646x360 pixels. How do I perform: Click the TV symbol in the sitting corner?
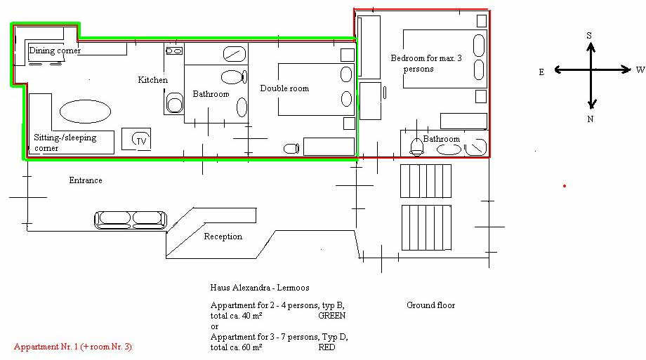140,140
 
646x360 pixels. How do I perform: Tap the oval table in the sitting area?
85,111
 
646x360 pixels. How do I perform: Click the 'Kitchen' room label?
153,80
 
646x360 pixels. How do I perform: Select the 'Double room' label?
284,88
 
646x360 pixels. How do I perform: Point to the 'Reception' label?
223,236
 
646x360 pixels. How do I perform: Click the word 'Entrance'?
86,180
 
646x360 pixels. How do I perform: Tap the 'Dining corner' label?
55,51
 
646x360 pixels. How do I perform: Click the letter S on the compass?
589,35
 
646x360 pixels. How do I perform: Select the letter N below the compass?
591,119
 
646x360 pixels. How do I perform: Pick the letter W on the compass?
640,69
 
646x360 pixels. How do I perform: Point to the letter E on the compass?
542,72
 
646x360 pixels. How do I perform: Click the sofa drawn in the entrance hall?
131,220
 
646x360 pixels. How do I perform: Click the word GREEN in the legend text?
331,316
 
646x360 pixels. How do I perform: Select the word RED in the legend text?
327,347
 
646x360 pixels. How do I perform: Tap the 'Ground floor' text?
431,305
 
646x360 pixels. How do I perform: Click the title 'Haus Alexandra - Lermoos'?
260,288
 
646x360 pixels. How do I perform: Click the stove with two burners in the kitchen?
174,51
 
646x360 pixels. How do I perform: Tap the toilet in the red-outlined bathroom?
417,147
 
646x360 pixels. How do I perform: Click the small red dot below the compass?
565,186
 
